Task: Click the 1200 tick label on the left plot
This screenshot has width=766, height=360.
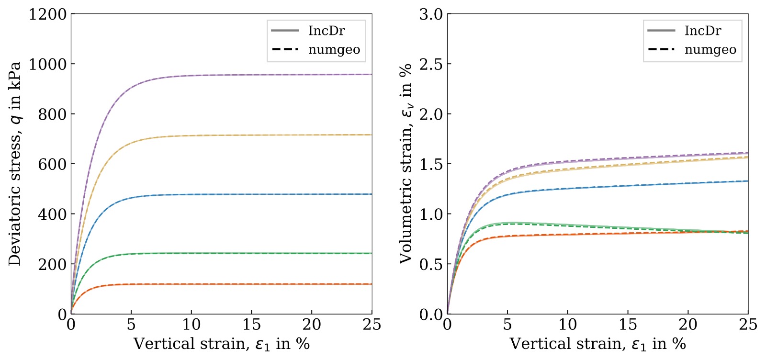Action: click(x=47, y=14)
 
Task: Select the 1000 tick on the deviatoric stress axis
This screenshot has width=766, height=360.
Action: click(x=47, y=64)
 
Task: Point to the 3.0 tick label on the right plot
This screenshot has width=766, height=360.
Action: click(x=431, y=14)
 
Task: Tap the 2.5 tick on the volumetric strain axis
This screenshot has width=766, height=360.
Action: click(x=431, y=64)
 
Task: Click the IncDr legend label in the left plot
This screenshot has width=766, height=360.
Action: click(x=327, y=31)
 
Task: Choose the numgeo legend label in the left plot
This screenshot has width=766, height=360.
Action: click(x=334, y=50)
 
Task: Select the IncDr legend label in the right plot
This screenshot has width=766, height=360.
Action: click(x=703, y=31)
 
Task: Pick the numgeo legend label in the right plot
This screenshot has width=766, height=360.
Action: click(x=710, y=50)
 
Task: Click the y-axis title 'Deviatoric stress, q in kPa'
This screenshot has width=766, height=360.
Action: click(x=15, y=164)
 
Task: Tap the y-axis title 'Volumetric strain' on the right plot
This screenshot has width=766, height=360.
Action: click(x=406, y=164)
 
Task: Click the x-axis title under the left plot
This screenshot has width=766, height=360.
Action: click(x=221, y=344)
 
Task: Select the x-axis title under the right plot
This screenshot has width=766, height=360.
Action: click(x=597, y=344)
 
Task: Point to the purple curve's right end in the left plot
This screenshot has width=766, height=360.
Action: click(x=371, y=74)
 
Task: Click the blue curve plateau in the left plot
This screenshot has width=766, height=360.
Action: click(x=287, y=194)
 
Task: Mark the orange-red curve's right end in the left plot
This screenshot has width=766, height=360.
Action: click(x=371, y=284)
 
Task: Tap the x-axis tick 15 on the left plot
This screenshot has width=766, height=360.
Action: click(x=251, y=325)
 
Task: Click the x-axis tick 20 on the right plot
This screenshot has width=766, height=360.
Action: click(x=688, y=325)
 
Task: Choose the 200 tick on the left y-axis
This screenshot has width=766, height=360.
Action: click(x=52, y=264)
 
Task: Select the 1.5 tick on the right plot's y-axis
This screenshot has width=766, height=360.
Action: click(x=431, y=164)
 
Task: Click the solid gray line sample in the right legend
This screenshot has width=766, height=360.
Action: click(x=661, y=31)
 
